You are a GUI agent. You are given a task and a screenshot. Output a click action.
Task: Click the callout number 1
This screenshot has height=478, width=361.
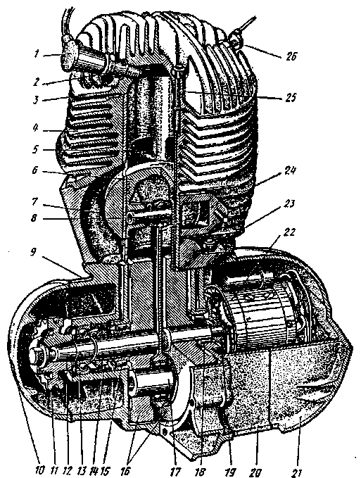click(37, 55)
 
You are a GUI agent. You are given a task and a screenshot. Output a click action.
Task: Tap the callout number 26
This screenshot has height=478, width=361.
click(291, 57)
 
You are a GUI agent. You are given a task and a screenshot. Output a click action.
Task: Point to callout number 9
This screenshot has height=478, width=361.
click(36, 127)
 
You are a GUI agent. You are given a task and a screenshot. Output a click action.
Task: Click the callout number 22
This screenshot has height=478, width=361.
click(36, 149)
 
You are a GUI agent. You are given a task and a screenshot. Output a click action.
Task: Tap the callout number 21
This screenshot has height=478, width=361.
click(296, 472)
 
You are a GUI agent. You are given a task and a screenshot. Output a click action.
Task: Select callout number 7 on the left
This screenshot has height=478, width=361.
click(37, 201)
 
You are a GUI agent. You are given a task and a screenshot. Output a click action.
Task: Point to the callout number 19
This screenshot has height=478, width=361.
click(229, 472)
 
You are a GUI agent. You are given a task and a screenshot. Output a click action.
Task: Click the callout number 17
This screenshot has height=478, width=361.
click(175, 471)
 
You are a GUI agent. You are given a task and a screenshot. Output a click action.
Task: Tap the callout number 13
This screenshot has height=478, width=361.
click(80, 470)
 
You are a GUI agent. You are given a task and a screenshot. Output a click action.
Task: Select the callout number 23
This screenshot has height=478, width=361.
click(289, 203)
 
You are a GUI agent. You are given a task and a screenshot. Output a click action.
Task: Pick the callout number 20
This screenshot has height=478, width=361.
click(255, 472)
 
